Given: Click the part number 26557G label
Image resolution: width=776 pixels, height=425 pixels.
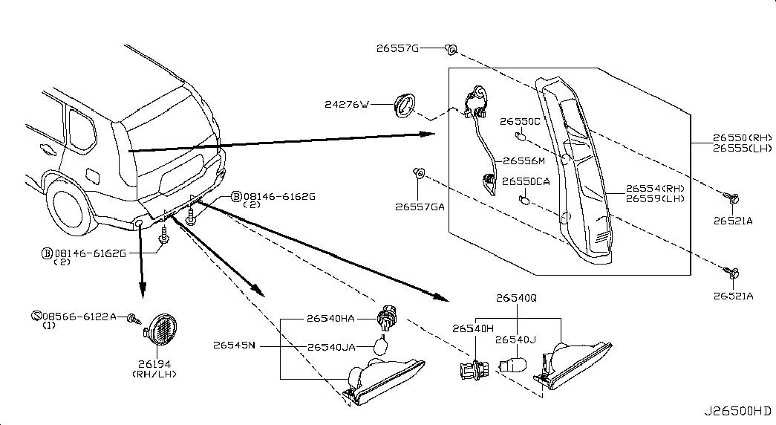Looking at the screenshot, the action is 397,48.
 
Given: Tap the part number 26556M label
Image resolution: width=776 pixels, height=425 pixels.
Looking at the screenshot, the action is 524,161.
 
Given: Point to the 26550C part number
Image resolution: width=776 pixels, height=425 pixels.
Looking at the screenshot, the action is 520,121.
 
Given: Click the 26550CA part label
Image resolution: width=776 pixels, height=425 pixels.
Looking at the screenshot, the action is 526,182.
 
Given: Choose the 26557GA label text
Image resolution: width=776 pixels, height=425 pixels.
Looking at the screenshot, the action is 420,207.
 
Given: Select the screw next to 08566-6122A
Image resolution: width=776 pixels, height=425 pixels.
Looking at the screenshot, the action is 133,318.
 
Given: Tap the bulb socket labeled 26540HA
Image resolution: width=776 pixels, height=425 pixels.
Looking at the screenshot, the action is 388,319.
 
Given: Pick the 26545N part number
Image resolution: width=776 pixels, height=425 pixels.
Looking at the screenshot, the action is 234,345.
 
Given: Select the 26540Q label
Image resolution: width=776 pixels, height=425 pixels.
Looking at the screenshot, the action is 516,298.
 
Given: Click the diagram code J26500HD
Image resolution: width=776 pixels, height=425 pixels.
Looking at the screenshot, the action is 738,411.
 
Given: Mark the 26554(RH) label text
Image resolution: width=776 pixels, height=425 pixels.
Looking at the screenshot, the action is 655,188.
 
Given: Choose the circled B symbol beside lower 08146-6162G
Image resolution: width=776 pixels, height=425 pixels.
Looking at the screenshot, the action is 47,253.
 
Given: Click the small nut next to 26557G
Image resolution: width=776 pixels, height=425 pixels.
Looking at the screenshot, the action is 451,49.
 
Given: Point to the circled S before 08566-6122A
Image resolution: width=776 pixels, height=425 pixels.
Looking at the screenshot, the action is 36,316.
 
